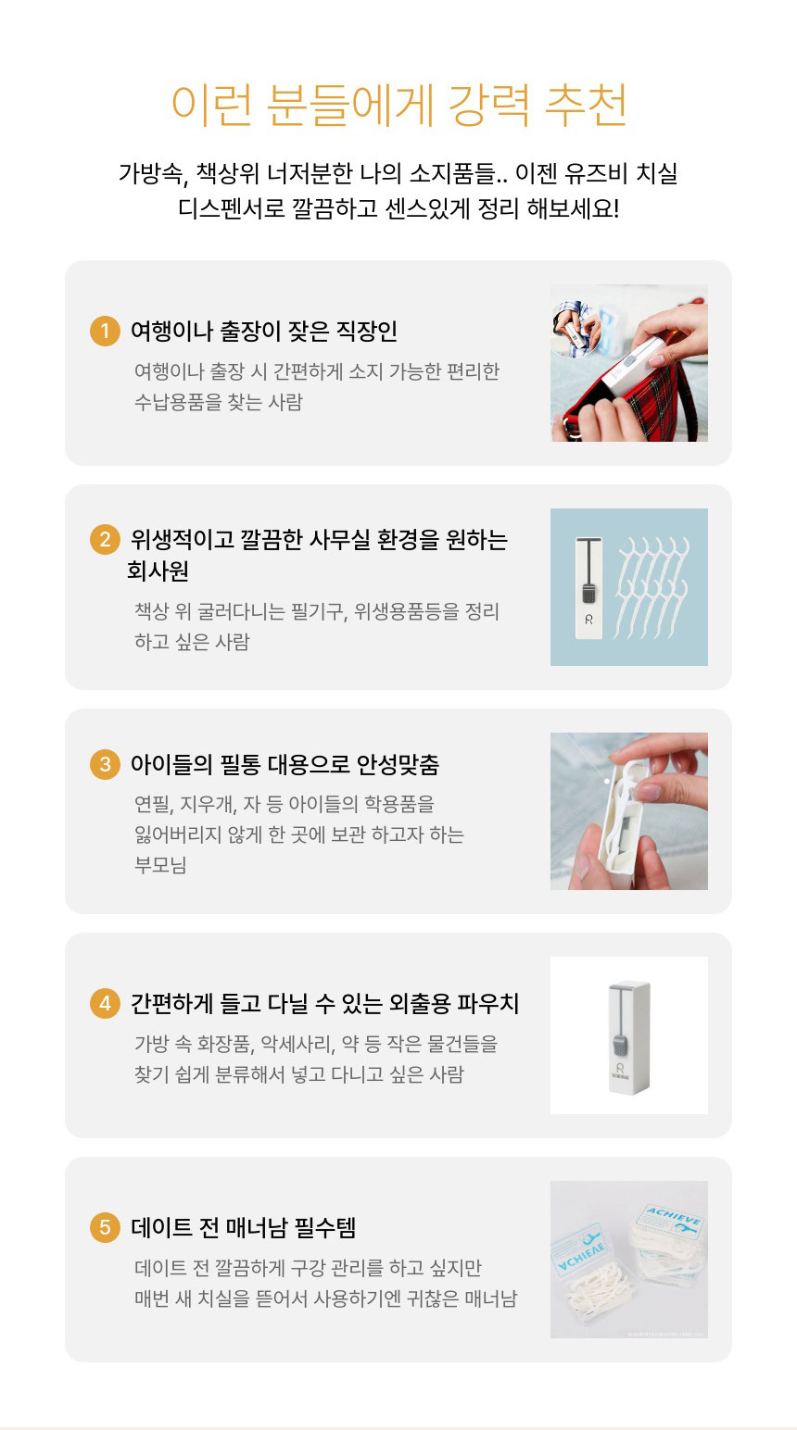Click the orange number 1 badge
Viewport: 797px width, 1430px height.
tap(105, 331)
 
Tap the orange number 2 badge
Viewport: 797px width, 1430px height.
tap(105, 539)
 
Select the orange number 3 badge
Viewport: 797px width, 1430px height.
tap(105, 763)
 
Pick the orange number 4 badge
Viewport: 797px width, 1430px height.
tap(105, 1003)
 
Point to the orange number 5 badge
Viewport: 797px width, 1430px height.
tap(105, 1227)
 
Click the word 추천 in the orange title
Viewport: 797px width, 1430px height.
tap(586, 105)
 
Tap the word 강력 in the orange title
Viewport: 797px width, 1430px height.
tap(489, 105)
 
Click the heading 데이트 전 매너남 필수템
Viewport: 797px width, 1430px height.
tap(244, 1227)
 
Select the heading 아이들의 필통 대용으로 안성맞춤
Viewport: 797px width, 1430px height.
tap(285, 763)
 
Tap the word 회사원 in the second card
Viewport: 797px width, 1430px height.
tap(158, 571)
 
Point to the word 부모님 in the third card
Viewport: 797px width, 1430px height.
tap(160, 864)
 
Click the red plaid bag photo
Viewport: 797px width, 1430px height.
tap(629, 363)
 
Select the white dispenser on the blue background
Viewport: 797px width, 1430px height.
tap(588, 588)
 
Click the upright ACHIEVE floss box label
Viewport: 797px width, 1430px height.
tap(675, 1217)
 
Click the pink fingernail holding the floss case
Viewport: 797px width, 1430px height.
tap(650, 792)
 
